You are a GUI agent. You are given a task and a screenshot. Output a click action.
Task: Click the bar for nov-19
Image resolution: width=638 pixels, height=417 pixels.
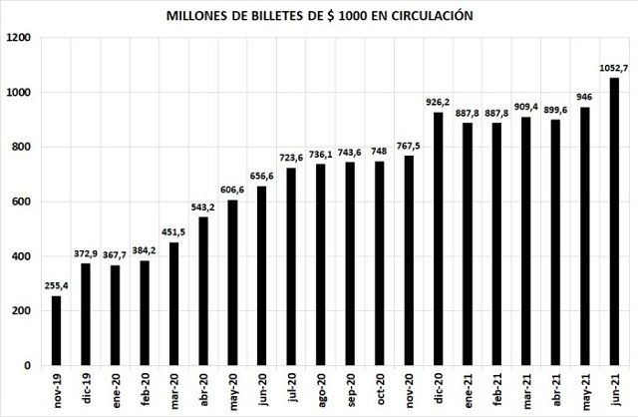tap(56, 330)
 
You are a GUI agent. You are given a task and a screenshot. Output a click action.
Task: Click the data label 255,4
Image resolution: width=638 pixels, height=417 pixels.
tap(56, 286)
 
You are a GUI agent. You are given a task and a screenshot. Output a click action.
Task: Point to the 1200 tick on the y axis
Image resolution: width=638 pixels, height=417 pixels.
tap(19, 38)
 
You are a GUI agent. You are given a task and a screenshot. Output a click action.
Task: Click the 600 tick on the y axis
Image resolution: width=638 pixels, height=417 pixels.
tap(23, 202)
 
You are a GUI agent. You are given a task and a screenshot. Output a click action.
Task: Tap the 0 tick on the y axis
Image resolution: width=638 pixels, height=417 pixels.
tap(30, 366)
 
